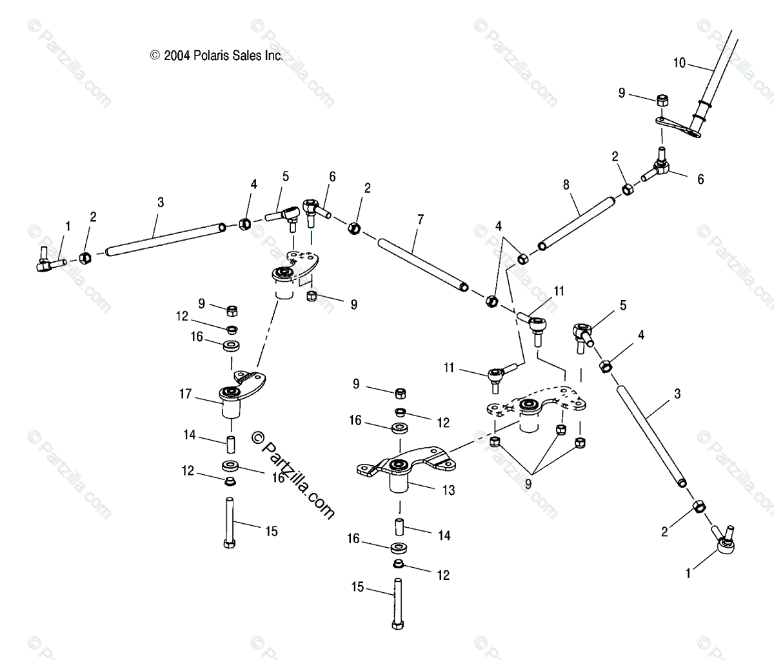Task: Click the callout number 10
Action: [679, 63]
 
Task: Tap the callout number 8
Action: [566, 184]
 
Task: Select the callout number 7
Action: [420, 219]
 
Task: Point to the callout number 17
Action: [186, 393]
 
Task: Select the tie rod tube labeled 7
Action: [422, 265]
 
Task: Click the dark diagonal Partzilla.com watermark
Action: [293, 474]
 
